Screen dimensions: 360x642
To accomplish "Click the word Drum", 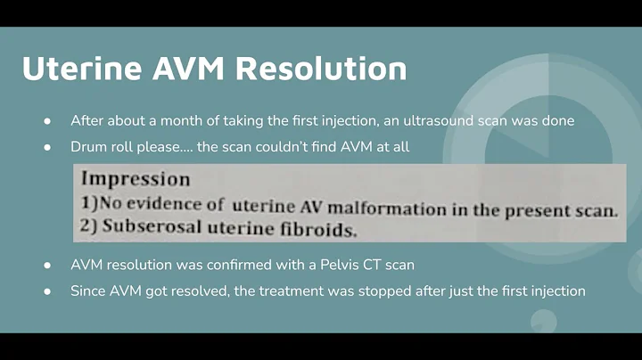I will point(89,146).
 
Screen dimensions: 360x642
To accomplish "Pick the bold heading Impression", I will point(136,178).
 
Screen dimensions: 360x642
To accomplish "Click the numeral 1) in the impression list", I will point(90,204).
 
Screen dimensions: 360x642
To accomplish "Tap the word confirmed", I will point(236,265).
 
